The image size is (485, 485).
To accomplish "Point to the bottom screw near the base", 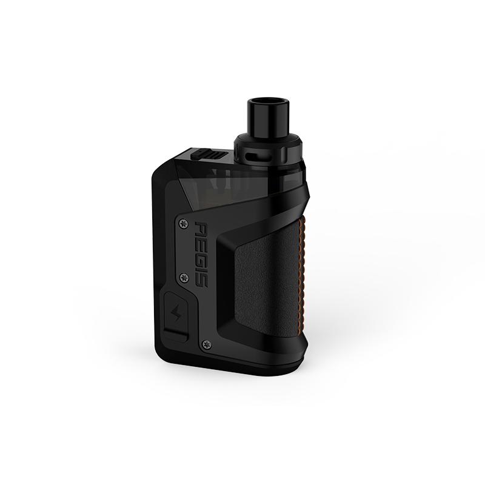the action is point(206,343).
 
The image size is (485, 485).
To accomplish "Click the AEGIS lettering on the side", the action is point(202,253).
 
